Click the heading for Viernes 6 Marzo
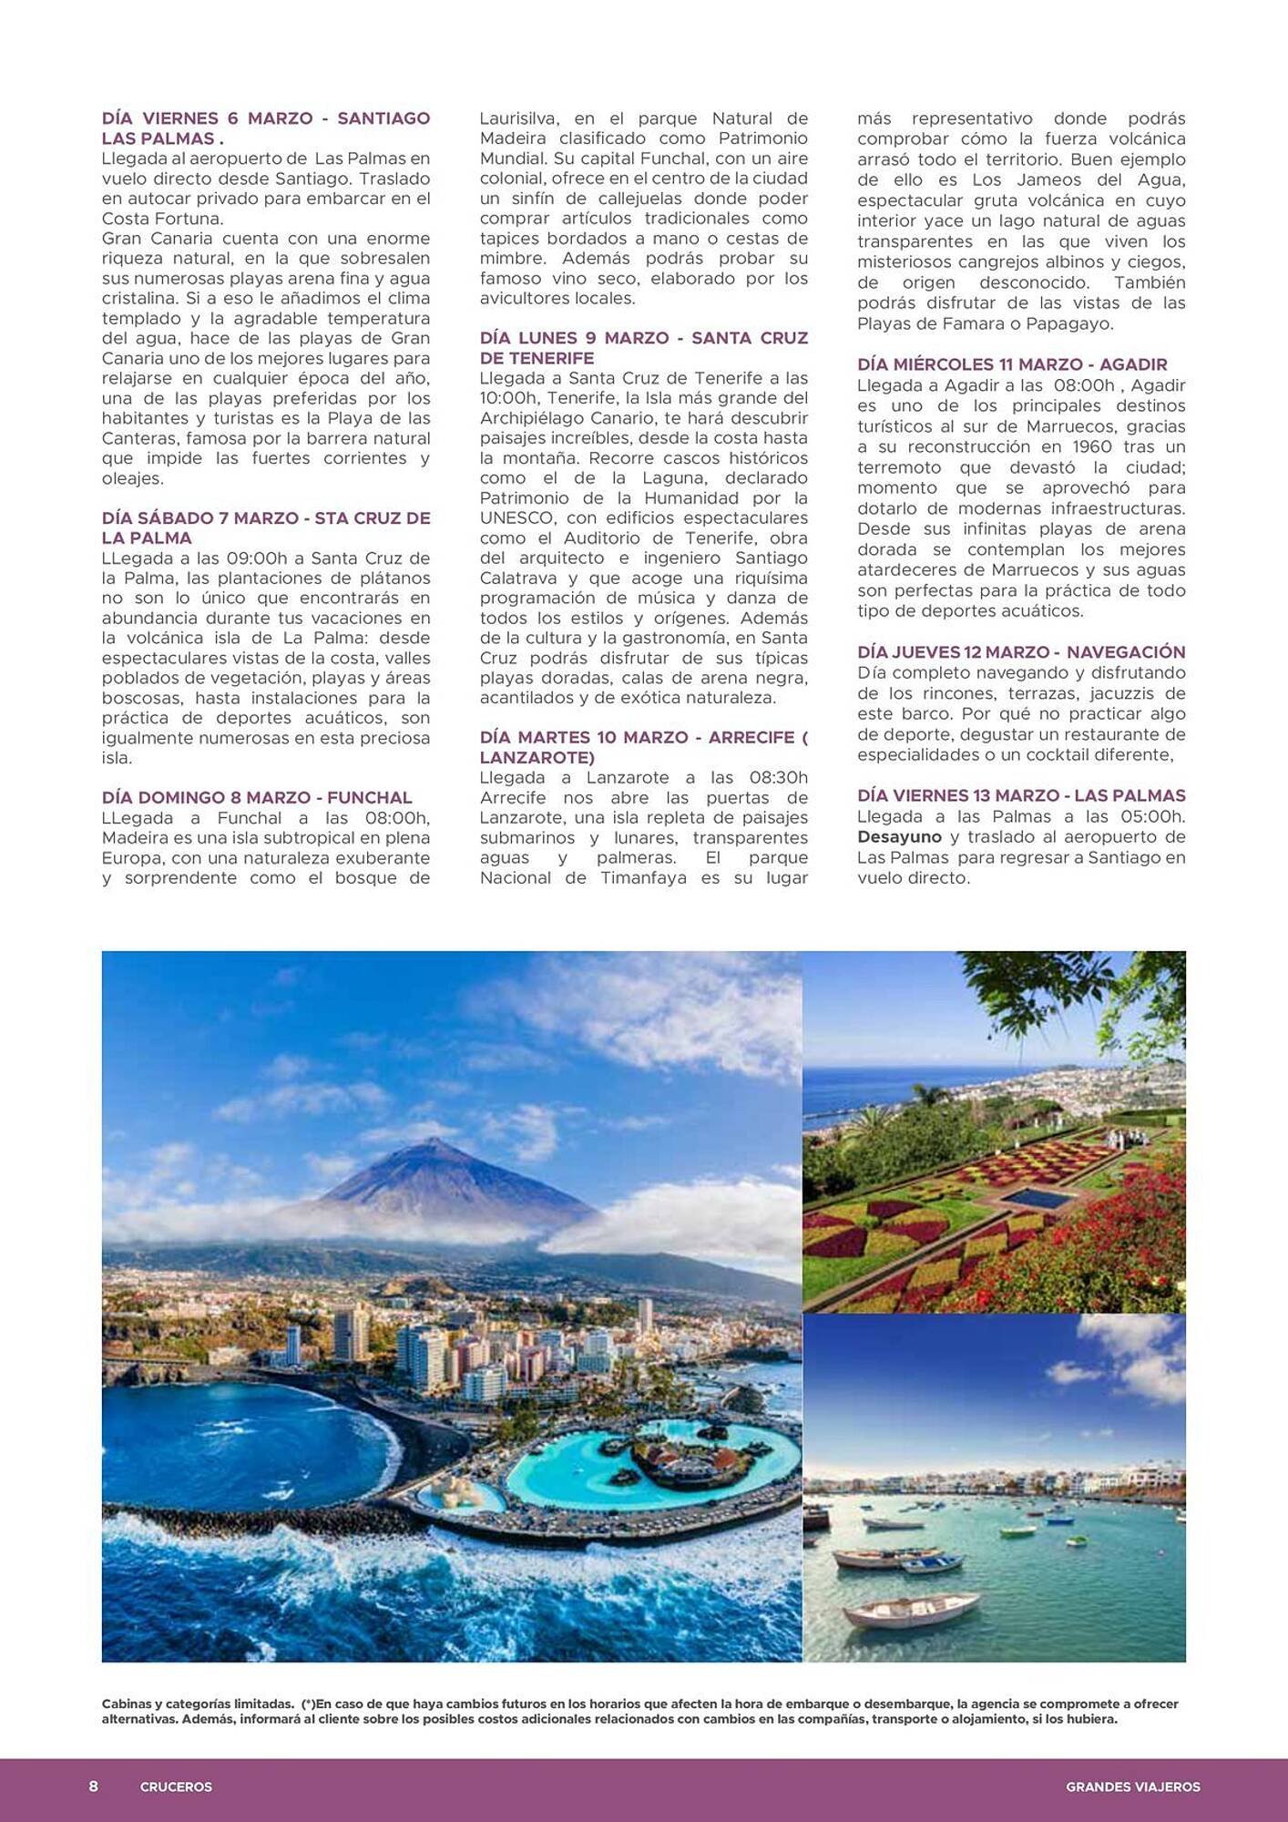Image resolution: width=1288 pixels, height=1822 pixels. (x=265, y=128)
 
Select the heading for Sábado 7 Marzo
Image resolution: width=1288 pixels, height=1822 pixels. (x=265, y=527)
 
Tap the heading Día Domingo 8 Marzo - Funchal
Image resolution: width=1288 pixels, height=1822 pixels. (x=257, y=797)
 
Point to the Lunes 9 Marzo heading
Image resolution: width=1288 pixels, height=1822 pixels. (x=643, y=348)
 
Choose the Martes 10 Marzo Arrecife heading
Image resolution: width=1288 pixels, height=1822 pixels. (x=643, y=747)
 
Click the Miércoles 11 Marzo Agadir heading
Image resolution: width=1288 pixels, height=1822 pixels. (x=1012, y=364)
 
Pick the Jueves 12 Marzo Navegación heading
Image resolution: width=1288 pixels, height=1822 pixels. (x=1021, y=652)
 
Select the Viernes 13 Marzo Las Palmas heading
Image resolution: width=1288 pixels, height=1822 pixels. (x=1021, y=795)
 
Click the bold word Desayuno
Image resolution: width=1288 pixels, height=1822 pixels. (x=899, y=836)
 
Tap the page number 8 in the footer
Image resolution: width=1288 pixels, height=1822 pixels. (x=93, y=1786)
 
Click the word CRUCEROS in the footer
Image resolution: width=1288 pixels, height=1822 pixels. (x=176, y=1787)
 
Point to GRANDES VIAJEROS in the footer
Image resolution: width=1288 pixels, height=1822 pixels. (x=1132, y=1787)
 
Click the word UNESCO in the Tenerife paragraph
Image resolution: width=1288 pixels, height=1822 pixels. (x=516, y=517)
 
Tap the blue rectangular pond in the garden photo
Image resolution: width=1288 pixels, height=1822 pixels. (x=1039, y=1197)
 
